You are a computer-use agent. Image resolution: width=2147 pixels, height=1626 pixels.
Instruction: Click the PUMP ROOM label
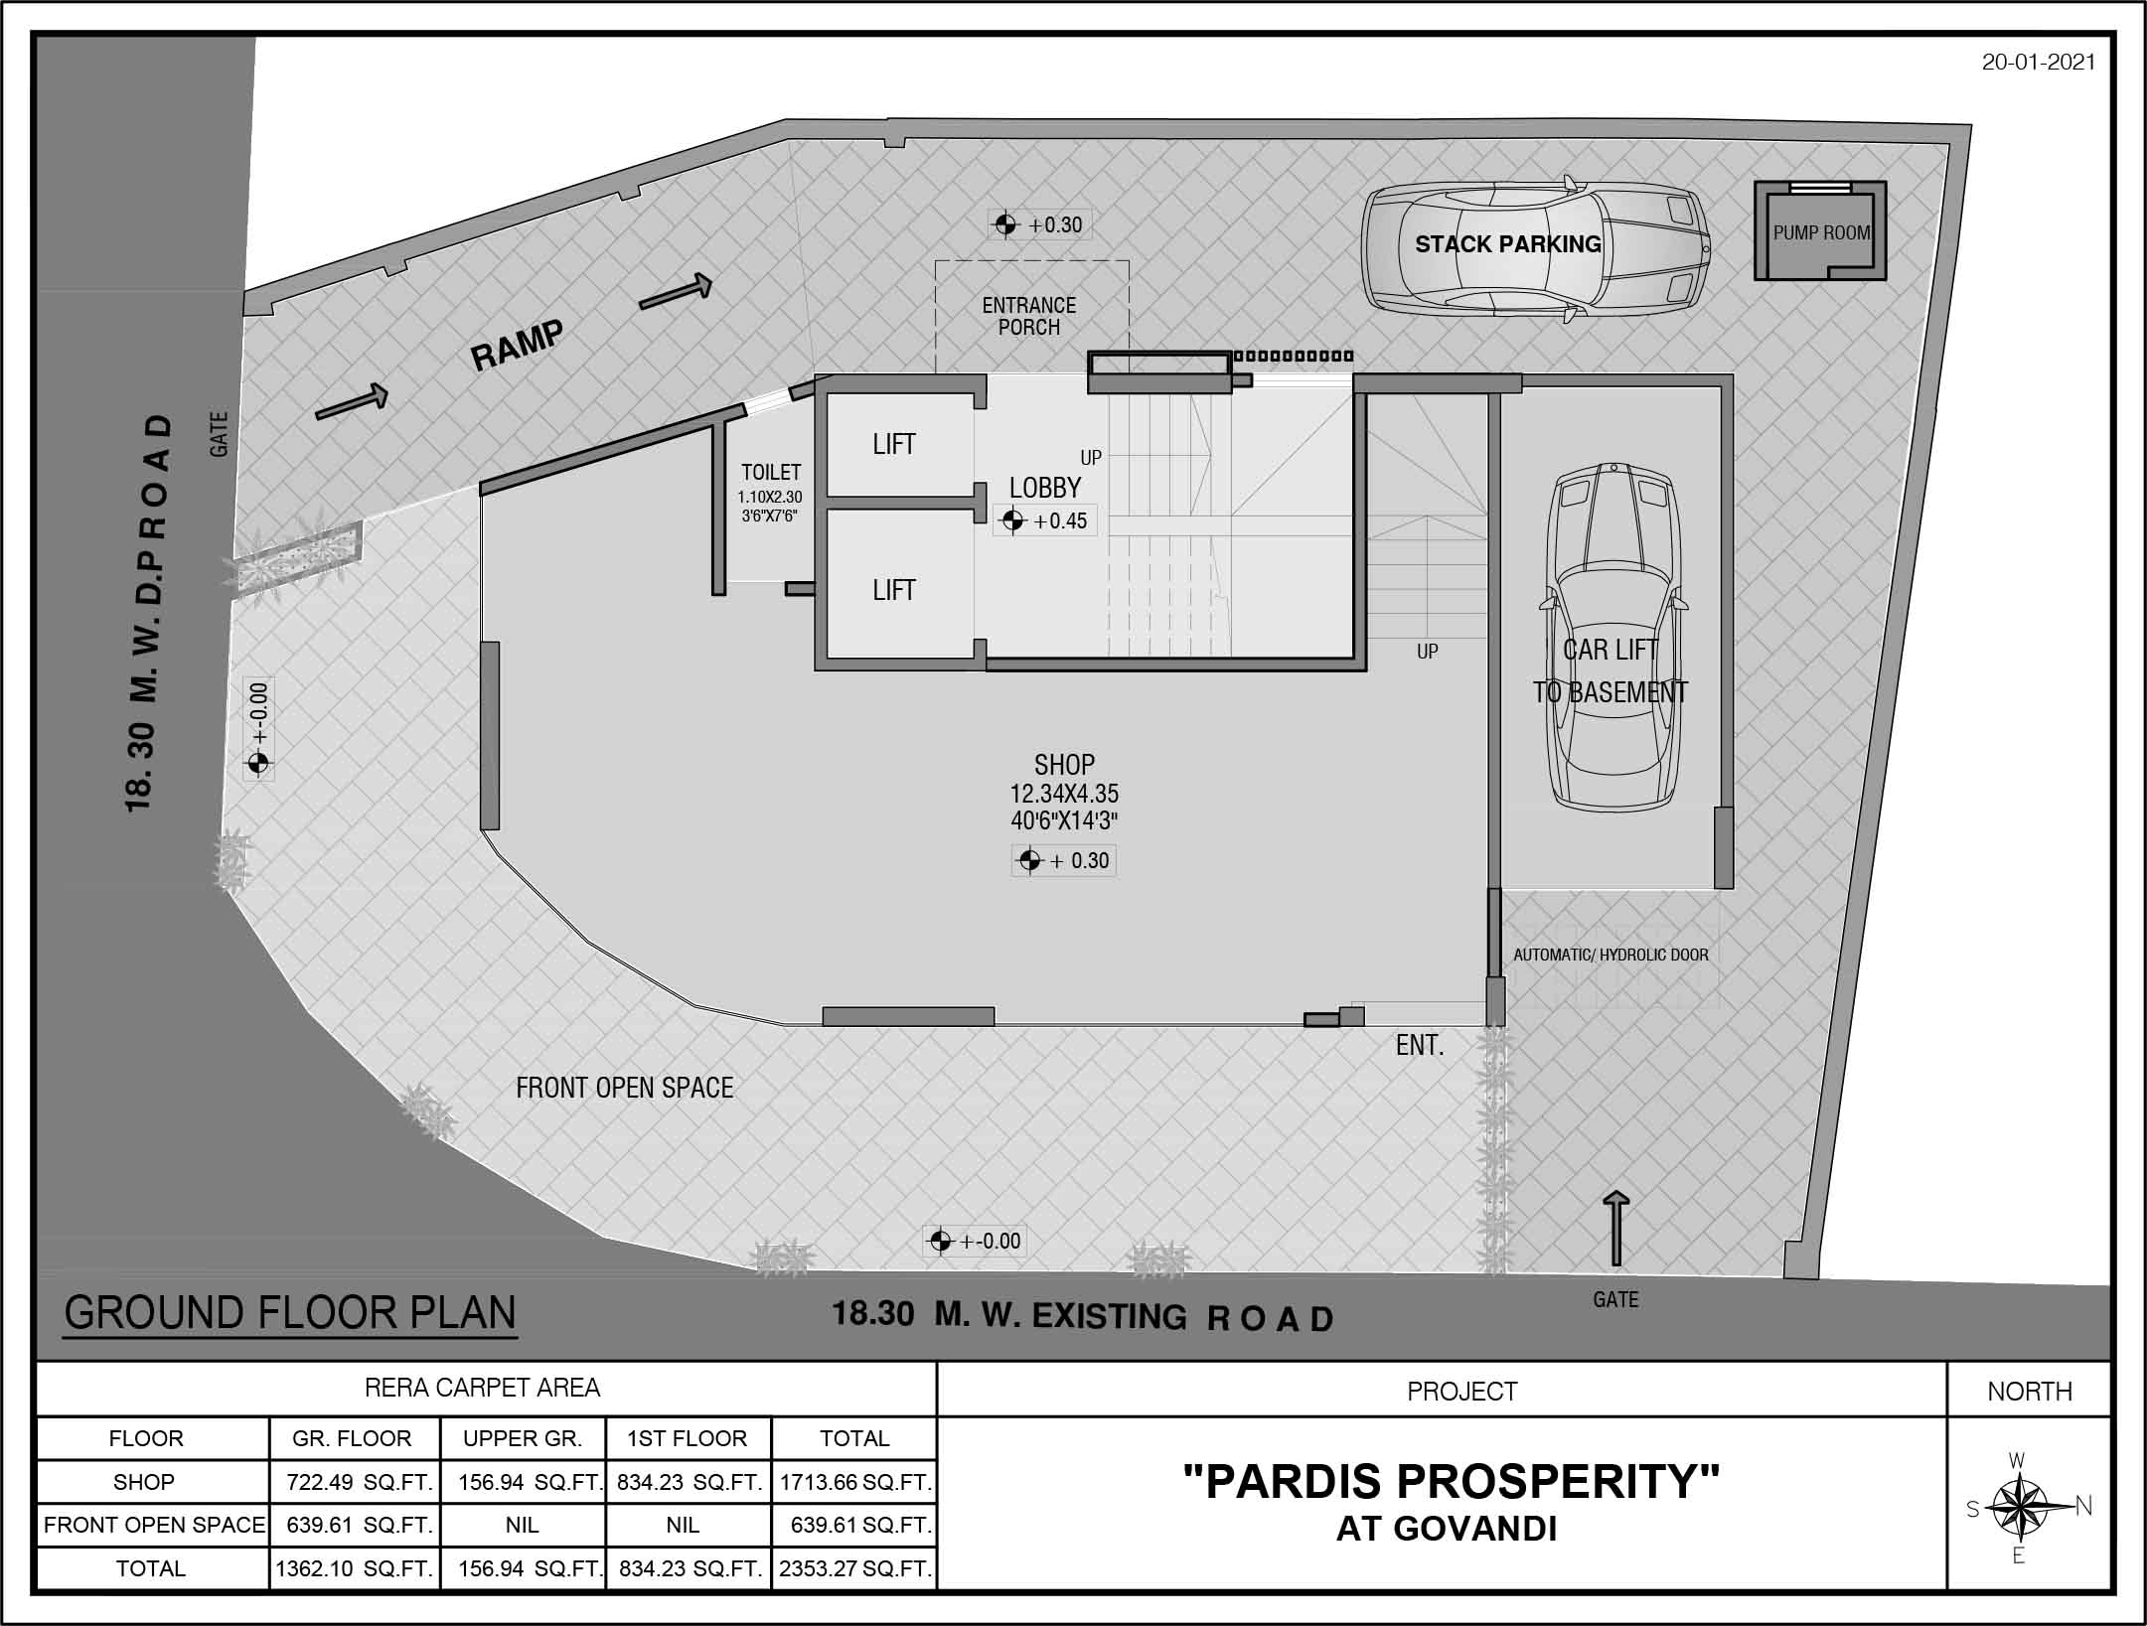coord(1821,233)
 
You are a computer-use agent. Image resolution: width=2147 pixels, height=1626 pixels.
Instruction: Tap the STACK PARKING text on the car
coord(1507,244)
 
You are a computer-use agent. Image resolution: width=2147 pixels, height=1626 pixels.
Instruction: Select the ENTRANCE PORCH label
coord(1029,316)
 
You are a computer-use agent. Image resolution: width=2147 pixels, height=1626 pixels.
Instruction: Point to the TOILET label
coord(771,473)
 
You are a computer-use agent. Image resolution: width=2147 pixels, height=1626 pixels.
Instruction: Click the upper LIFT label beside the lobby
coord(894,444)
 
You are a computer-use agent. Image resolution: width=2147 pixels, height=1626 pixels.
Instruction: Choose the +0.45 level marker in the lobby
coord(1045,520)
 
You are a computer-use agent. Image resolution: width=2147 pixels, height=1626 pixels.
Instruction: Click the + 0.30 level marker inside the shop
coord(1063,860)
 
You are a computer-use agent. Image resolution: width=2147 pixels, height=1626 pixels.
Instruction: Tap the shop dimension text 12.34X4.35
coord(1064,794)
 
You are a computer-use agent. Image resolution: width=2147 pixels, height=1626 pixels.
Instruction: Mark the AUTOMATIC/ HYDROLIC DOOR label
coord(1610,955)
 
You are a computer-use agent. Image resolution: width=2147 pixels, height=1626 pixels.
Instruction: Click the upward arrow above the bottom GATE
coord(1616,1228)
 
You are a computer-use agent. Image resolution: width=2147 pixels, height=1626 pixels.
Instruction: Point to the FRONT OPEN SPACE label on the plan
coord(624,1088)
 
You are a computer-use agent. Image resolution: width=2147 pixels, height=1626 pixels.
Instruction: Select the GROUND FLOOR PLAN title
coord(290,1312)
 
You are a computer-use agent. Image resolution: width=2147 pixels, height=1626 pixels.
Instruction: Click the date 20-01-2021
coord(2039,62)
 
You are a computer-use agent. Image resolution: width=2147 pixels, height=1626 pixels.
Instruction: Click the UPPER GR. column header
coord(523,1438)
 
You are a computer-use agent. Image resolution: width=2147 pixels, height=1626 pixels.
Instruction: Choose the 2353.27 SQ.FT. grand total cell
coord(855,1569)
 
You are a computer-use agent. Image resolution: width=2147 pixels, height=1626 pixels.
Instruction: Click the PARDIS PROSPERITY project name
coord(1451,1481)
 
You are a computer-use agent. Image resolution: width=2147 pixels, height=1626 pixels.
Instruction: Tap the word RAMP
coord(517,345)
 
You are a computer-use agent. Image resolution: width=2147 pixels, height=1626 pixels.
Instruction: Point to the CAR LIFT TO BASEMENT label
coord(1610,670)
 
